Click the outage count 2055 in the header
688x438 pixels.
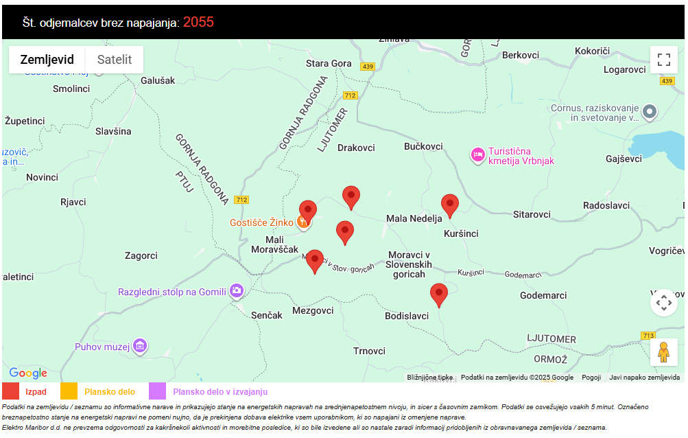tap(198, 22)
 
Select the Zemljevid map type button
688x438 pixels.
tap(47, 60)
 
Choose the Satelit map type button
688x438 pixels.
tap(115, 60)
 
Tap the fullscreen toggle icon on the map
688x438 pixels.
tap(663, 60)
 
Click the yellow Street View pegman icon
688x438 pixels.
tap(663, 352)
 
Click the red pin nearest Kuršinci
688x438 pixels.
tap(449, 205)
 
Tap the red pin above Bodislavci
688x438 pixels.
tap(438, 294)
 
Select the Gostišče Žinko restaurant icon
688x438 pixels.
tap(301, 222)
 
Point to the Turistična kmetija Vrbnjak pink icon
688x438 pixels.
tap(477, 155)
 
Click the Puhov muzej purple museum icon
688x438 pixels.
tap(140, 345)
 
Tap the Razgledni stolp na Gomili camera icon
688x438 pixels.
tap(237, 291)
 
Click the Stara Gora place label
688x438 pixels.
tap(329, 63)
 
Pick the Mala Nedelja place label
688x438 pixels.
tap(414, 219)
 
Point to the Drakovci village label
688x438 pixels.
tap(356, 148)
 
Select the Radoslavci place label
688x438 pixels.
tap(606, 205)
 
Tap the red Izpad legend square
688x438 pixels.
tap(11, 391)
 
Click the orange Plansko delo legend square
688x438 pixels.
tap(69, 391)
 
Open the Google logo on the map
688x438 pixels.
tap(28, 373)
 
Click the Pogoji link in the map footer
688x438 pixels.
tap(591, 378)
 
